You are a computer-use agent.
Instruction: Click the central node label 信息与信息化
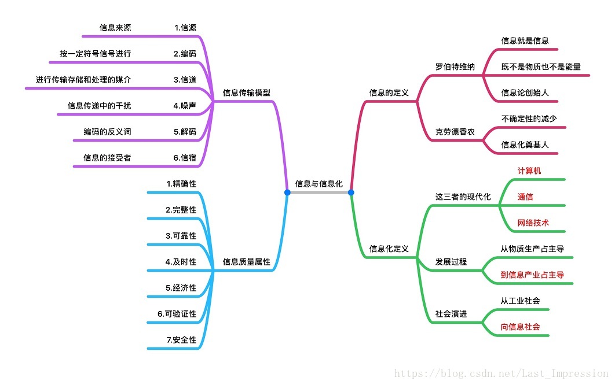point(319,184)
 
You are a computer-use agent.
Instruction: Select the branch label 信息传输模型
point(247,92)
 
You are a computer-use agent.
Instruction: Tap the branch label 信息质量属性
point(247,262)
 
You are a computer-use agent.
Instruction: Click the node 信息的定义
point(389,92)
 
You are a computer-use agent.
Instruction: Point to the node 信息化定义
point(389,249)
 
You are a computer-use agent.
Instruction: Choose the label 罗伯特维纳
point(455,66)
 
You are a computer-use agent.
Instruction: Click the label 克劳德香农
point(455,132)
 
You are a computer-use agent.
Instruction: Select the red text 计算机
point(529,171)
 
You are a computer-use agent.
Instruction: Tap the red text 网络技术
point(533,223)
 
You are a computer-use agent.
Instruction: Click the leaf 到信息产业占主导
point(532,275)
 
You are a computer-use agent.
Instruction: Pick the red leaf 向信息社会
point(521,327)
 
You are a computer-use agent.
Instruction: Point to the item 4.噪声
point(185,106)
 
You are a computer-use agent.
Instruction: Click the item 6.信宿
point(185,157)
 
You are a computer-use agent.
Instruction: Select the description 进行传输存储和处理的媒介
point(83,80)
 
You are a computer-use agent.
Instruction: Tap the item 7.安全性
point(181,340)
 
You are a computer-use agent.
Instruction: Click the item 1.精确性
point(181,184)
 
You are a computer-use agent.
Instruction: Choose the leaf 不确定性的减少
point(529,119)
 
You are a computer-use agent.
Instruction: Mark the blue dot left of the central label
point(287,192)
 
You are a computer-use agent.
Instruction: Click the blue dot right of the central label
point(351,192)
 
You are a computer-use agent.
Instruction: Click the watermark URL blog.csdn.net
point(501,374)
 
